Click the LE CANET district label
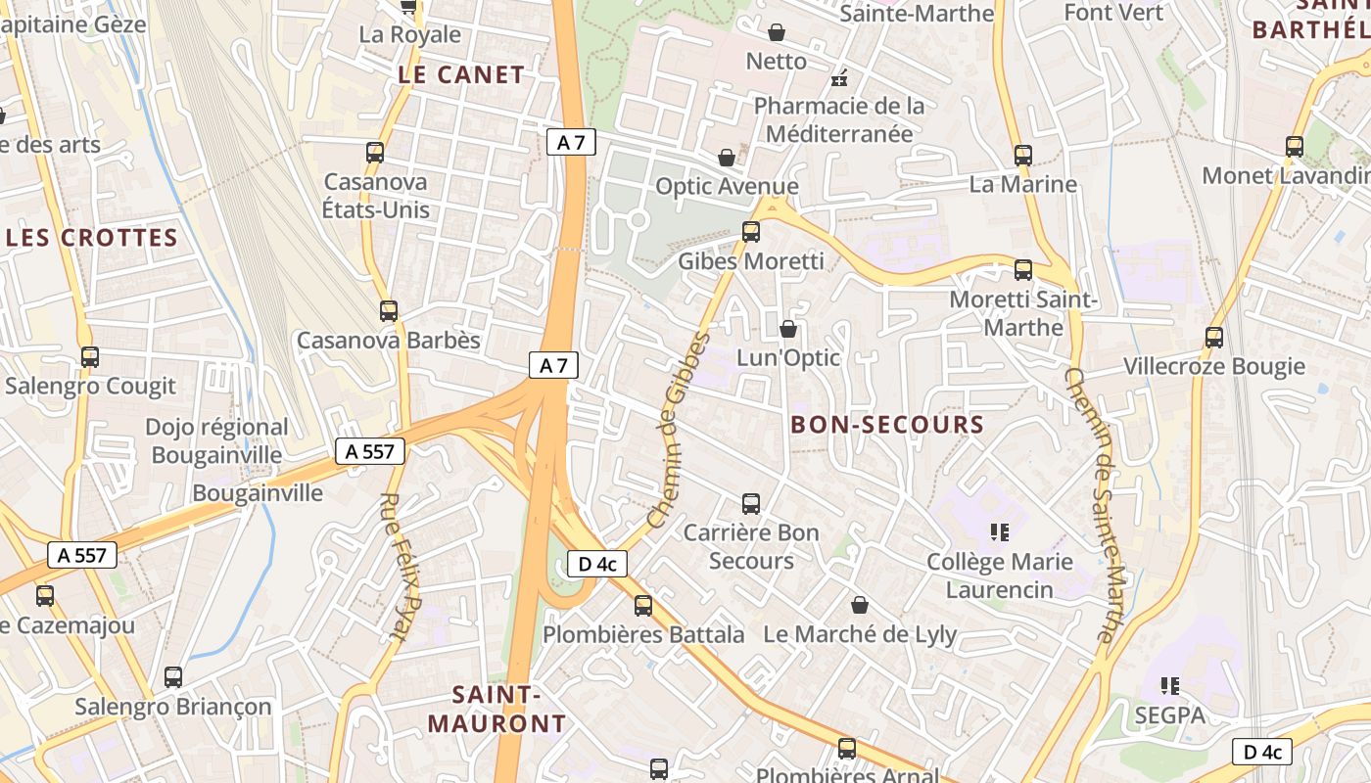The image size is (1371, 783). (x=461, y=74)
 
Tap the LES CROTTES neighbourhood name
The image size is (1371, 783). (x=91, y=238)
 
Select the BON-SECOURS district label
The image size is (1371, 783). (x=886, y=424)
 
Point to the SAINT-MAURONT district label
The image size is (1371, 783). (x=497, y=710)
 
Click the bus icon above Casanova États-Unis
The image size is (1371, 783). (x=375, y=153)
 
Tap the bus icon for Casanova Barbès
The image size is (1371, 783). (x=389, y=311)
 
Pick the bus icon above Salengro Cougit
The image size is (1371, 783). (x=90, y=357)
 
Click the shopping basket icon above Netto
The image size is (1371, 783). (x=777, y=33)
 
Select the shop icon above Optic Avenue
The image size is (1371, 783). (x=727, y=158)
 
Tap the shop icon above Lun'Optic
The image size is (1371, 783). (x=788, y=329)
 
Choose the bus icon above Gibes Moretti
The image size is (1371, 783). (x=751, y=232)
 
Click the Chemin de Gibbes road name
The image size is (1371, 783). (x=678, y=430)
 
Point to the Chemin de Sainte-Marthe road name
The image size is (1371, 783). (x=1091, y=504)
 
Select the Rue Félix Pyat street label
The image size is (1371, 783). (x=400, y=566)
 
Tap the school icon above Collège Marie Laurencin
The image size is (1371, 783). (x=1000, y=532)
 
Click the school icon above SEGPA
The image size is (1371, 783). (x=1169, y=686)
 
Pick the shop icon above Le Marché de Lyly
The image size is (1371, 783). (x=860, y=606)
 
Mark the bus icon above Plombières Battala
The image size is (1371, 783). (x=643, y=606)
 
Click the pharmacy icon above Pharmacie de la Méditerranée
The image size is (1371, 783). (x=839, y=77)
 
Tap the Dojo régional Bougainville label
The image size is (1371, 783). (x=216, y=440)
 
